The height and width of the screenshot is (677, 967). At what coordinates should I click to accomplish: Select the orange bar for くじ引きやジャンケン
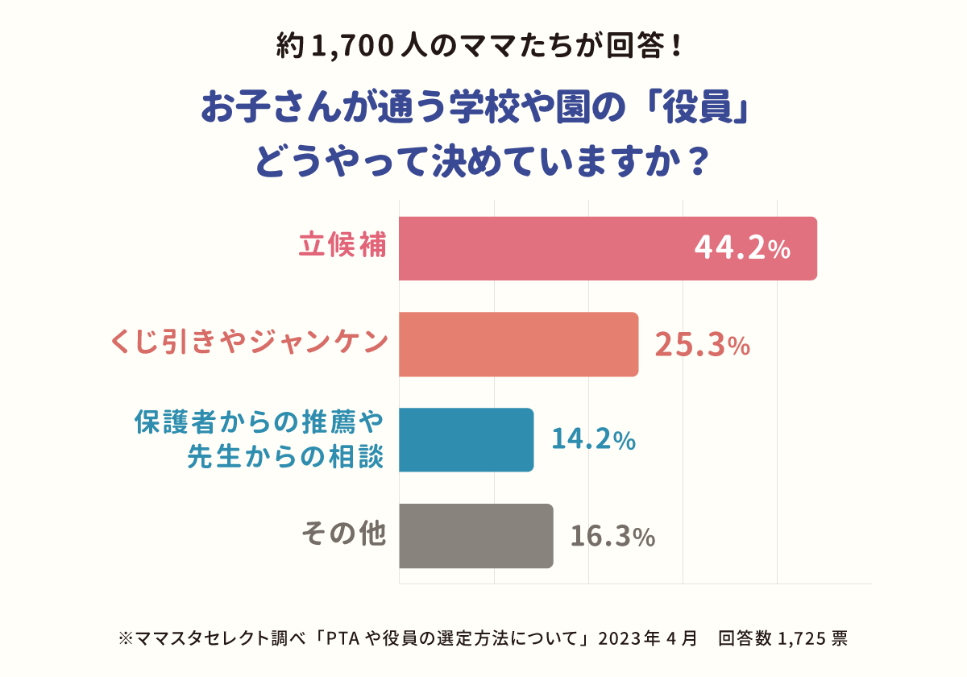(x=518, y=344)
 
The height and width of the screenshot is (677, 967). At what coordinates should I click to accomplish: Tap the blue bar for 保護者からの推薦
(x=466, y=439)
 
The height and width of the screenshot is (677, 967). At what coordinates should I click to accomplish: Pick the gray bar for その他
(x=475, y=536)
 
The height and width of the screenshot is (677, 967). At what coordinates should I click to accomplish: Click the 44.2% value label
(x=741, y=250)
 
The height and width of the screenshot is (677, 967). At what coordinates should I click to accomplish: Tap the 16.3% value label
(x=612, y=536)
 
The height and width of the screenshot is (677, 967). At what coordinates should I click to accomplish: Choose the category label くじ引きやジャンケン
(x=249, y=343)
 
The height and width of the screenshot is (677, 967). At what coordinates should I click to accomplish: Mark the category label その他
(x=343, y=534)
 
